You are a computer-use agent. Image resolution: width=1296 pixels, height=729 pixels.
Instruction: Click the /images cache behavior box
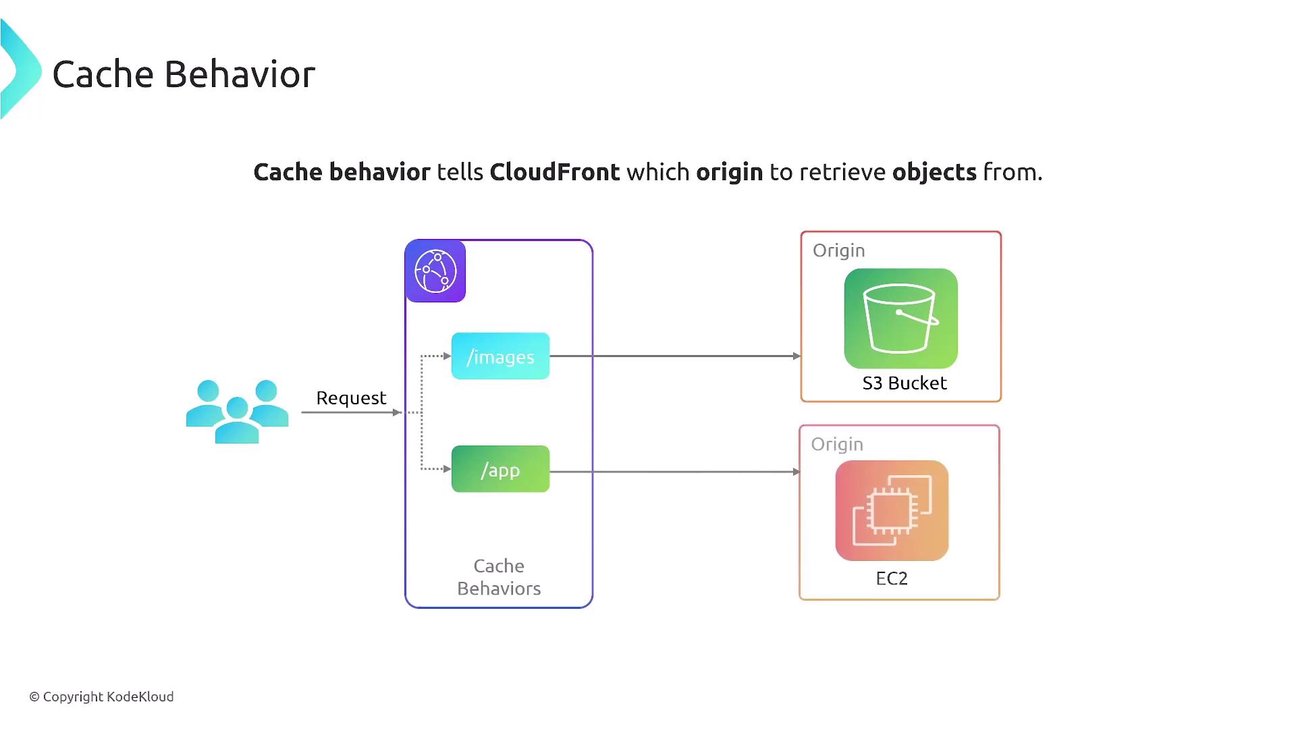click(x=500, y=356)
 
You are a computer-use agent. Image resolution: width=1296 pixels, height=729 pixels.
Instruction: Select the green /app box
click(x=500, y=469)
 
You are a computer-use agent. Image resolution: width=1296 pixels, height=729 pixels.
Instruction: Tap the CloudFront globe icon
click(x=435, y=271)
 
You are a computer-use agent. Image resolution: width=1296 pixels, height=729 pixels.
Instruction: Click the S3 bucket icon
click(x=900, y=319)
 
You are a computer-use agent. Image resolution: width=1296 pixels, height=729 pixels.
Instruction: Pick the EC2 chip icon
click(x=892, y=510)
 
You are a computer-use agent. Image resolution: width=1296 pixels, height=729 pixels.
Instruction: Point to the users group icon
click(x=237, y=411)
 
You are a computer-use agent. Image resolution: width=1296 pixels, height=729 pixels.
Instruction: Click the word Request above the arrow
click(x=351, y=398)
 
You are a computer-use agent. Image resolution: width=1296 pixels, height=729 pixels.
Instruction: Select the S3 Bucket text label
click(x=905, y=383)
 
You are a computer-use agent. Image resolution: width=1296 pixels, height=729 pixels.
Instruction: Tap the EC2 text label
click(x=892, y=578)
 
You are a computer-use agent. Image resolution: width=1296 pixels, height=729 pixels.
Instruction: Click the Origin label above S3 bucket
click(x=838, y=250)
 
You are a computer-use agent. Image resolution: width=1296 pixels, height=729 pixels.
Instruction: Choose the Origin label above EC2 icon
click(x=837, y=444)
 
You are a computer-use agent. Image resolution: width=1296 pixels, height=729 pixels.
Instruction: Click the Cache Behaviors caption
click(x=499, y=577)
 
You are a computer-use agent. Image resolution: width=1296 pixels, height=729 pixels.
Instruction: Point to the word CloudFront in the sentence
click(x=554, y=172)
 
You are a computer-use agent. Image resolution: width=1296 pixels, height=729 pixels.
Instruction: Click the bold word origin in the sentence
click(x=729, y=172)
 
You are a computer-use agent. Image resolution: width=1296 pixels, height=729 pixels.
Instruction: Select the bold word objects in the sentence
click(x=934, y=172)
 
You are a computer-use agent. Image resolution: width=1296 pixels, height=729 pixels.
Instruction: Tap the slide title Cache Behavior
click(x=184, y=74)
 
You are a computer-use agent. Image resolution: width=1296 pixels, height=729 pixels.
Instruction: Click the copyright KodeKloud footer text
click(x=101, y=697)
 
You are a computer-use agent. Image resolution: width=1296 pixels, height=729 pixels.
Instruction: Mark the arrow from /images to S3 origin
click(x=675, y=356)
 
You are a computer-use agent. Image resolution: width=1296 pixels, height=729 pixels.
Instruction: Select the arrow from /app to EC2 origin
click(x=675, y=472)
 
